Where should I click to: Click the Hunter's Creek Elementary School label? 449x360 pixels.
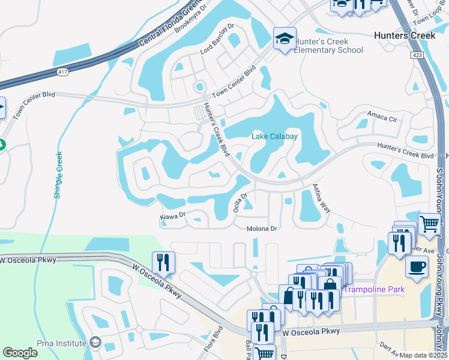pyautogui.click(x=329, y=46)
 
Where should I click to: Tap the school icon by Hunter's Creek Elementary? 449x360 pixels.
pyautogui.click(x=284, y=40)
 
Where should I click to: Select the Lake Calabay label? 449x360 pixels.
pyautogui.click(x=274, y=137)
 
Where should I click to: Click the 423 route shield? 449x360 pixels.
pyautogui.click(x=418, y=55)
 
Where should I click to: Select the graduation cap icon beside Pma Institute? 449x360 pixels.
pyautogui.click(x=95, y=343)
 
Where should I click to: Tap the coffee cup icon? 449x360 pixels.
pyautogui.click(x=417, y=266)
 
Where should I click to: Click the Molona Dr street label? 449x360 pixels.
pyautogui.click(x=262, y=229)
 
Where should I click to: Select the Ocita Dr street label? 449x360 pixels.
pyautogui.click(x=240, y=202)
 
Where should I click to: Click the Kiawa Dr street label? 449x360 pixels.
pyautogui.click(x=173, y=214)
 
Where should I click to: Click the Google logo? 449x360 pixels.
pyautogui.click(x=20, y=353)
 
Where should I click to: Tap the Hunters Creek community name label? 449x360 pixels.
pyautogui.click(x=404, y=35)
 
